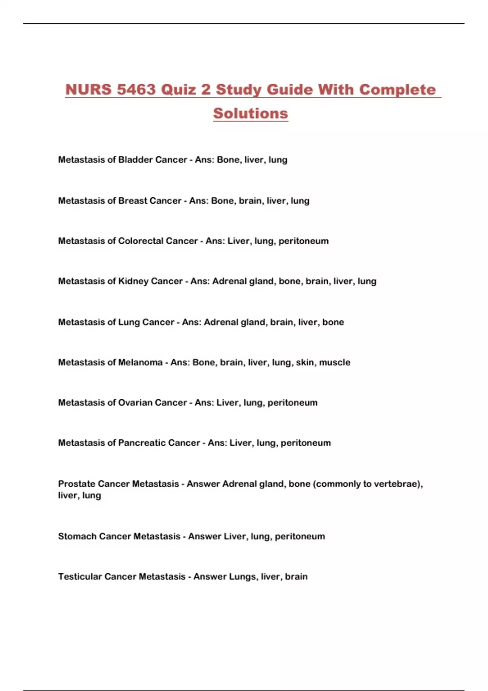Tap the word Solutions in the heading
click(x=251, y=113)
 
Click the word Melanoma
click(x=140, y=363)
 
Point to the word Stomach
click(x=77, y=537)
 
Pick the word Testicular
click(x=80, y=577)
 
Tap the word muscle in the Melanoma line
click(x=334, y=363)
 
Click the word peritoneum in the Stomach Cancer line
click(x=300, y=537)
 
